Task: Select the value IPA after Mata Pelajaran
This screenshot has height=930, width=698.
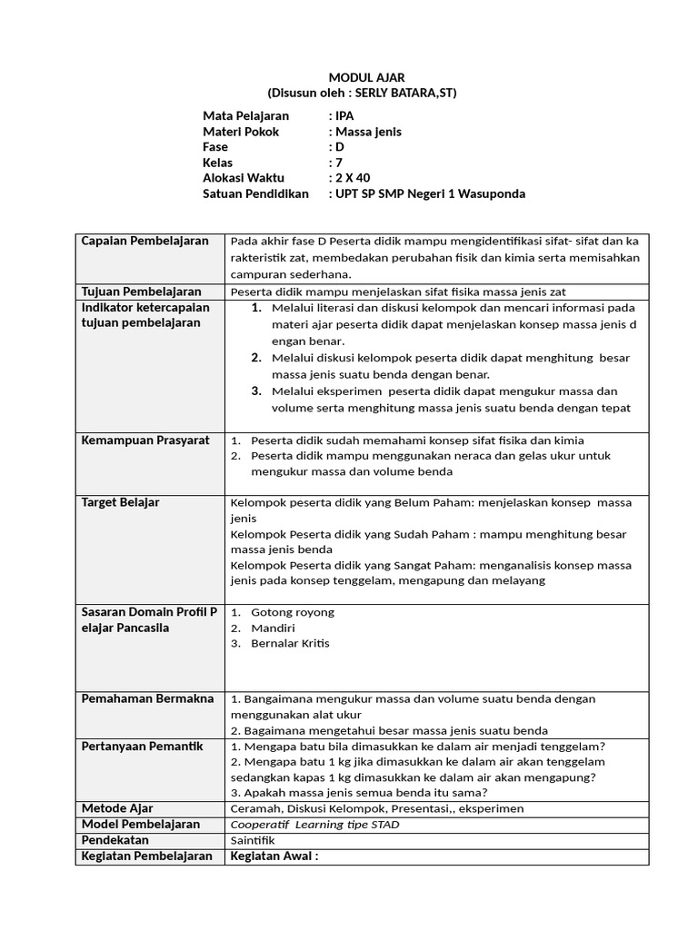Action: coord(344,116)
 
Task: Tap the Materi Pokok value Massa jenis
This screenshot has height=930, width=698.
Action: coord(368,132)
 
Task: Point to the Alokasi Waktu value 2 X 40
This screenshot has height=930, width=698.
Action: coord(354,178)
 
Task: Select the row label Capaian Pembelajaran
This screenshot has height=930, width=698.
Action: coord(145,241)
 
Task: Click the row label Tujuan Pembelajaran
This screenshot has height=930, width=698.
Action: coord(141,292)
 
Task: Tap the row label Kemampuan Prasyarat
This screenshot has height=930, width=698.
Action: coord(145,440)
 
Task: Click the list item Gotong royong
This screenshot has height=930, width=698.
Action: coord(293,612)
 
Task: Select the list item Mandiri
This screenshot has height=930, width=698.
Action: coord(273,628)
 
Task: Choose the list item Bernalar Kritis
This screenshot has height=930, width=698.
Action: coord(290,643)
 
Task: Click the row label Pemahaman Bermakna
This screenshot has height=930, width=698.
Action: coord(147,698)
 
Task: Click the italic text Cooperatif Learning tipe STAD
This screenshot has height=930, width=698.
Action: coord(315,825)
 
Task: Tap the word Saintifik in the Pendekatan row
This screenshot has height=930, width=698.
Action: coord(254,840)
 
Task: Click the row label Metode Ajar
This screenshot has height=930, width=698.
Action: coord(117,808)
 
